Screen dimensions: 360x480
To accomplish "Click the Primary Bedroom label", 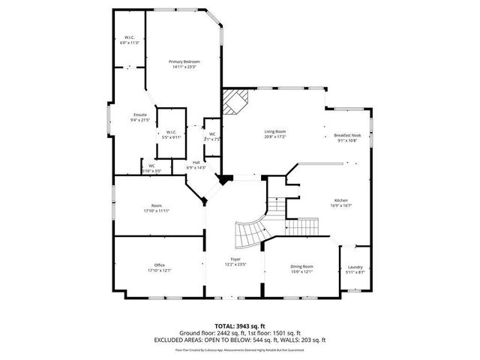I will pyautogui.click(x=184, y=61).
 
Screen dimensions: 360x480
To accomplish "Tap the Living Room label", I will pyautogui.click(x=275, y=131).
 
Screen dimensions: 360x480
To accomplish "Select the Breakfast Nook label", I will pyautogui.click(x=347, y=136).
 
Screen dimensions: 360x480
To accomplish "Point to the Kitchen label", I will pyautogui.click(x=340, y=200).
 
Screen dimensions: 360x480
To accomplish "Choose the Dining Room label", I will pyautogui.click(x=301, y=266).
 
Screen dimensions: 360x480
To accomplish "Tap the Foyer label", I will pyautogui.click(x=235, y=259).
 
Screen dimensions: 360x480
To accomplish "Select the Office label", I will pyautogui.click(x=159, y=265).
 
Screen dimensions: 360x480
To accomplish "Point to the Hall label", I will pyautogui.click(x=196, y=162).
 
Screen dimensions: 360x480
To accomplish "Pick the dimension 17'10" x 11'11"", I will pyautogui.click(x=157, y=210).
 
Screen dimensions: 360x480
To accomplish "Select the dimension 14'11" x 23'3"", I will pyautogui.click(x=184, y=66).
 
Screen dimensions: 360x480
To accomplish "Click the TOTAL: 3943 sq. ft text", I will pyautogui.click(x=240, y=325).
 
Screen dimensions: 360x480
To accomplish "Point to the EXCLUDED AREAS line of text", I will pyautogui.click(x=240, y=340).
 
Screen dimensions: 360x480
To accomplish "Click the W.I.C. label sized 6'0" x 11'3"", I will pyautogui.click(x=129, y=38).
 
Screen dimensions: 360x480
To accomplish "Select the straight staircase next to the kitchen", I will pyautogui.click(x=277, y=202).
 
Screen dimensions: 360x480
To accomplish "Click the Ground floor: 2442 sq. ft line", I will pyautogui.click(x=240, y=333).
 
